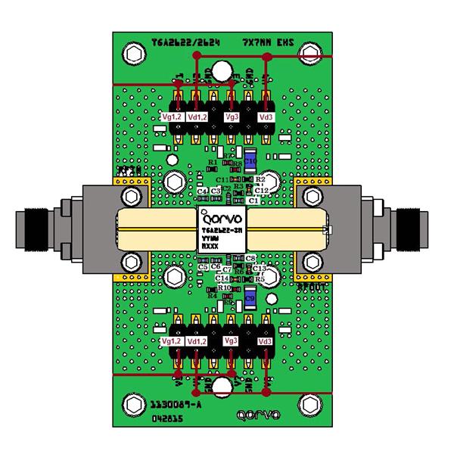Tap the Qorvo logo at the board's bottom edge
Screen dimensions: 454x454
[257, 415]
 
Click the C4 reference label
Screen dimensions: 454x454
[203, 191]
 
